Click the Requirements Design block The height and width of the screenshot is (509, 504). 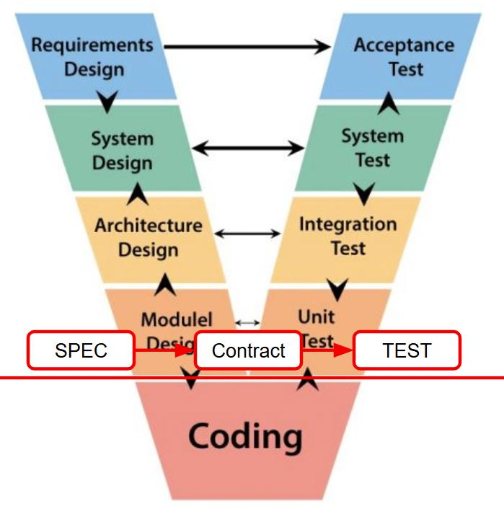pyautogui.click(x=92, y=57)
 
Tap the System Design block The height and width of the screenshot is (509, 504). pyautogui.click(x=123, y=150)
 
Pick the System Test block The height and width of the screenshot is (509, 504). pyautogui.click(x=372, y=148)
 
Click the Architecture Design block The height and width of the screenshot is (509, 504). pyautogui.click(x=148, y=237)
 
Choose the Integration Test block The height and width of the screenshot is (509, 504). pyautogui.click(x=348, y=236)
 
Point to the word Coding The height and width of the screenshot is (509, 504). pyautogui.click(x=245, y=436)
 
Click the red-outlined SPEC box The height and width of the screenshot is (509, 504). pyautogui.click(x=81, y=350)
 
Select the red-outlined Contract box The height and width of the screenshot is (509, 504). pyautogui.click(x=248, y=351)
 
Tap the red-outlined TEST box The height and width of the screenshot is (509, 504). pyautogui.click(x=407, y=350)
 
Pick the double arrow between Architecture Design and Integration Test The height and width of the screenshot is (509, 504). pyautogui.click(x=247, y=233)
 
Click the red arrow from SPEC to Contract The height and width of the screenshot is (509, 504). pyautogui.click(x=165, y=351)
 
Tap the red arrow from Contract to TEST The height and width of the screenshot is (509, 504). pyautogui.click(x=327, y=351)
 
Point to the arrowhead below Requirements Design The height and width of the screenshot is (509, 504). pyautogui.click(x=108, y=102)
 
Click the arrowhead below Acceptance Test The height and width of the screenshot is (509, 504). pyautogui.click(x=390, y=102)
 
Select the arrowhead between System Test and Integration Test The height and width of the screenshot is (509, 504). pyautogui.click(x=365, y=192)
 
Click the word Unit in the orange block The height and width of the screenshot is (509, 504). pyautogui.click(x=316, y=316)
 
